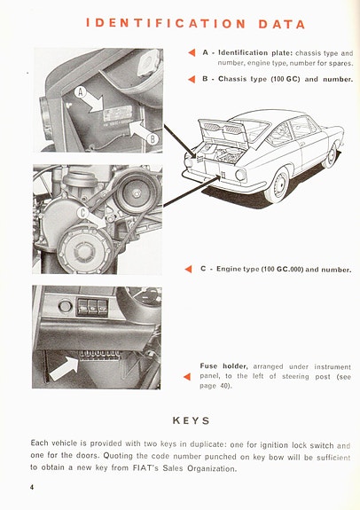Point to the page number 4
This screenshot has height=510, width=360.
31,487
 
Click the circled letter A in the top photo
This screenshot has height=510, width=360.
81,92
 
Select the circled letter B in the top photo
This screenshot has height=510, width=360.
152,137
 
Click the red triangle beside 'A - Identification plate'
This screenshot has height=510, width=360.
191,53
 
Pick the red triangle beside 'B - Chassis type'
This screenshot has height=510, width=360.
191,79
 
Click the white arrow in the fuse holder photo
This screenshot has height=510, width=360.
64,366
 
